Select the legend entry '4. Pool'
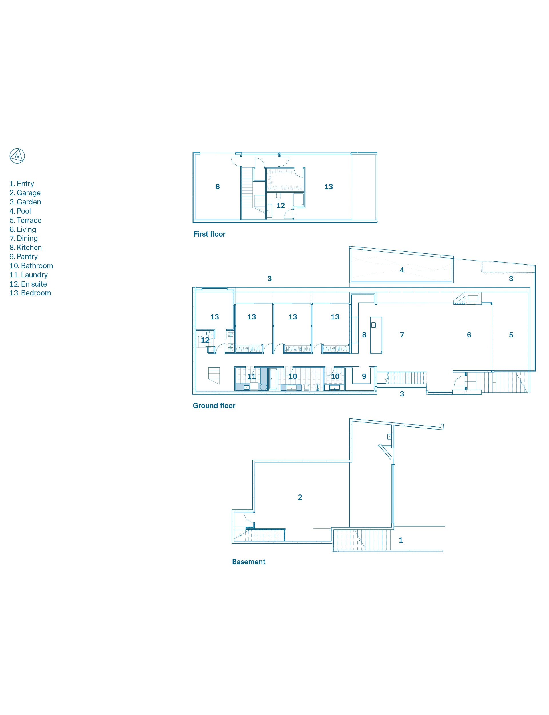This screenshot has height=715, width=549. click(x=20, y=211)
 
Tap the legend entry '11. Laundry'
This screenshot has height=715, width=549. click(x=29, y=275)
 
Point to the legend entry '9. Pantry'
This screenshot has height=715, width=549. click(x=23, y=257)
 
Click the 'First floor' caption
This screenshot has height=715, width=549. click(x=210, y=234)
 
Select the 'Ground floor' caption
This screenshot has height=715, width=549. click(x=214, y=406)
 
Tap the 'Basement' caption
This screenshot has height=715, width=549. click(x=249, y=562)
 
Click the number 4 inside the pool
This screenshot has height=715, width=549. click(x=402, y=270)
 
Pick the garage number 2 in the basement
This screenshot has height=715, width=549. click(x=300, y=497)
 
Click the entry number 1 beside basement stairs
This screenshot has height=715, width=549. click(x=401, y=540)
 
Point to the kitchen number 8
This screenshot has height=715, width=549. click(x=364, y=335)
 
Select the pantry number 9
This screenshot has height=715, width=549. click(x=364, y=376)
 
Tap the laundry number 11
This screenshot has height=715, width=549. click(x=252, y=376)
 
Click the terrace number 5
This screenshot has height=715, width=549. click(x=511, y=335)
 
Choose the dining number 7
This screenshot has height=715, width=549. click(x=402, y=335)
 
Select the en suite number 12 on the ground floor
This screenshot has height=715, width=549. click(x=205, y=340)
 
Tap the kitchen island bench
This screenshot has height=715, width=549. click(x=376, y=335)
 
